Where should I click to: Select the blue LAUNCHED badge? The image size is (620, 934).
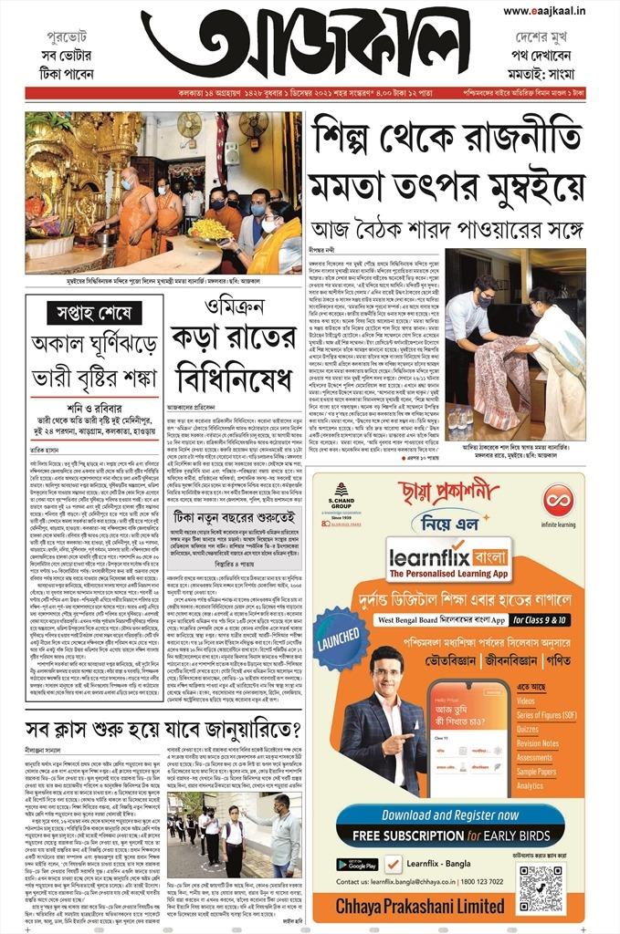tap(341, 638)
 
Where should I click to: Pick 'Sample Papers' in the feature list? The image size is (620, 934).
tap(536, 771)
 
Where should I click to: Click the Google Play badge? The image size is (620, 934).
tap(356, 864)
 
